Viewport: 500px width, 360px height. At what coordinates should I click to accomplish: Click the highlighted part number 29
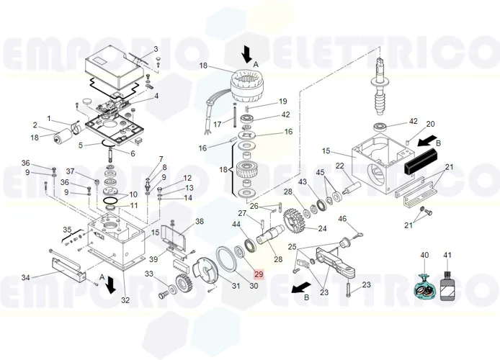(259, 274)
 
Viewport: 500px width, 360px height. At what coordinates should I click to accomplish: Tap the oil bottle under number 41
(447, 284)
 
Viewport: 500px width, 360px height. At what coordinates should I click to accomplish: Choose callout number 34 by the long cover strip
(25, 277)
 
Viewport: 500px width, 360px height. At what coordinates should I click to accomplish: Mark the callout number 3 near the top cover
(155, 50)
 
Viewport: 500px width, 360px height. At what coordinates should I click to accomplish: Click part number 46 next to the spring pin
(342, 219)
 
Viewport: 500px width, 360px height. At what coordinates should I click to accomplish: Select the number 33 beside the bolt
(149, 274)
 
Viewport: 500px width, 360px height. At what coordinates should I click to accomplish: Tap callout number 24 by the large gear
(322, 229)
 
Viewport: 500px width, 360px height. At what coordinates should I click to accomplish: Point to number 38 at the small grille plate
(200, 222)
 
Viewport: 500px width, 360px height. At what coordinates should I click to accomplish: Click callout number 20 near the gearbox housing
(430, 124)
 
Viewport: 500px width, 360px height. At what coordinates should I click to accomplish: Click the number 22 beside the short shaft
(339, 167)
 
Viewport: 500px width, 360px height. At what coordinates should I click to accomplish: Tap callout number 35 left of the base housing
(67, 230)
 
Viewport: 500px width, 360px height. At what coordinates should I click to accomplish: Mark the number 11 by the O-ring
(134, 205)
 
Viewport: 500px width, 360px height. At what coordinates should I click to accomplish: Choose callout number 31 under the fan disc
(235, 286)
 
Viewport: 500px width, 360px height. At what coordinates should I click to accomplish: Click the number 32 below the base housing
(125, 300)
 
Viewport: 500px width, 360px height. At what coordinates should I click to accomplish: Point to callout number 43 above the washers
(303, 181)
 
